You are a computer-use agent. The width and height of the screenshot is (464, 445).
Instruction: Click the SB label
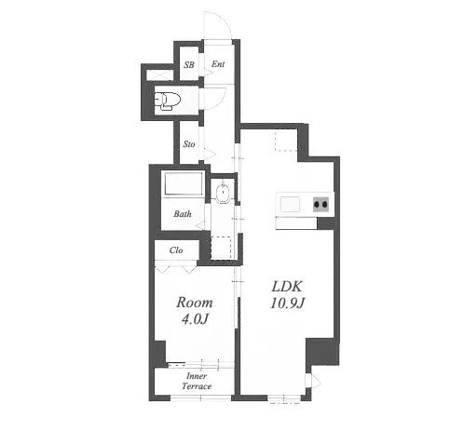(189, 64)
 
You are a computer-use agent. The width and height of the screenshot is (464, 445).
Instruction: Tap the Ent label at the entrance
(218, 64)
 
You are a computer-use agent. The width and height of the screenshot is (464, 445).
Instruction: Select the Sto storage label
(189, 144)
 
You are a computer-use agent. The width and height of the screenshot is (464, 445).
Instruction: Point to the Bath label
(183, 213)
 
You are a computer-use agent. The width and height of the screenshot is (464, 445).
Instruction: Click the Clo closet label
(176, 250)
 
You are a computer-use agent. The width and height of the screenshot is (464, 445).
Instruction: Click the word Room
(195, 303)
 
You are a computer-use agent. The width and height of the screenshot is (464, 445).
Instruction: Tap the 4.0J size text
(195, 318)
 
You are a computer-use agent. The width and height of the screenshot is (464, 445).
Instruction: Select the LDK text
(287, 287)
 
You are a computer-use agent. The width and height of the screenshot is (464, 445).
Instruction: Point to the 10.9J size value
(287, 303)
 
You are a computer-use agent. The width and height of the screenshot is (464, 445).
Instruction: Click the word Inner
(197, 376)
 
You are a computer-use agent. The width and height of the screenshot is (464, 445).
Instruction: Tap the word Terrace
(197, 386)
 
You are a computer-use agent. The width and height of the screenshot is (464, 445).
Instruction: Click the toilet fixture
(168, 101)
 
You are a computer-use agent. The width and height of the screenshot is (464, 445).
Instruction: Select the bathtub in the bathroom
(184, 183)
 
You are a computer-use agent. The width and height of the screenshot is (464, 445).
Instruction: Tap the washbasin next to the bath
(223, 193)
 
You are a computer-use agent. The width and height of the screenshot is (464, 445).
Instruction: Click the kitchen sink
(291, 204)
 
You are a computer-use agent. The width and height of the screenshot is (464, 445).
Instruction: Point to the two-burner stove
(321, 205)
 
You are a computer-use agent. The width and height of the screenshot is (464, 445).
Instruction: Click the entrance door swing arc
(225, 19)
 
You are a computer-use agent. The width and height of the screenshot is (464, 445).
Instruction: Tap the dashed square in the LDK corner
(286, 141)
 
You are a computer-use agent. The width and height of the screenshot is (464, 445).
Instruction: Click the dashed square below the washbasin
(221, 248)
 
